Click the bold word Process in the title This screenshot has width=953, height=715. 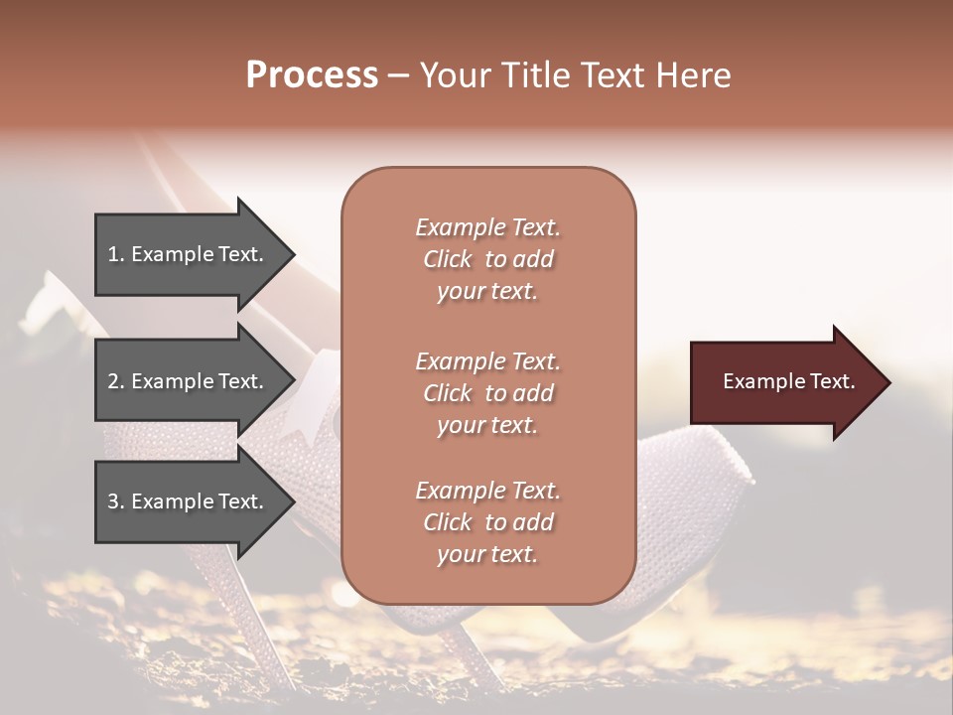(x=312, y=75)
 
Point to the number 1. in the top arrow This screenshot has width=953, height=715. (x=116, y=254)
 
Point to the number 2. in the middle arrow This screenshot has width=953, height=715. (x=116, y=381)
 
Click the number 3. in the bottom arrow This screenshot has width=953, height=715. (x=116, y=501)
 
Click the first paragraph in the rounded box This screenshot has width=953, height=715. (x=487, y=259)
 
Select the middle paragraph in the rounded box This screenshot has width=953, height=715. (x=487, y=393)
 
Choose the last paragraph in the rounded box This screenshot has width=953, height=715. (x=487, y=522)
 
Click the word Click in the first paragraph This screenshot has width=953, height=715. (x=447, y=259)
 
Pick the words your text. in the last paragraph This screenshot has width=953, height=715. (x=487, y=554)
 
